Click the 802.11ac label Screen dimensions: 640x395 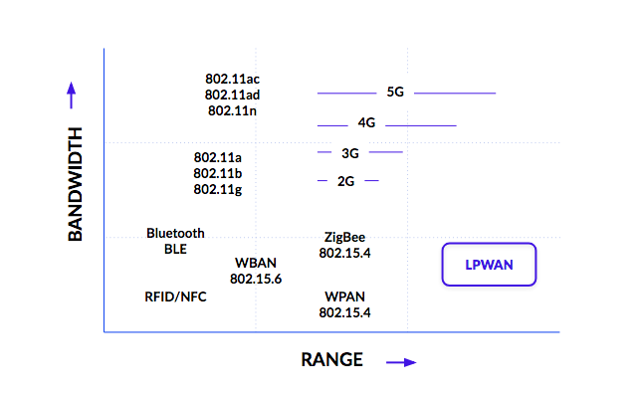(232, 79)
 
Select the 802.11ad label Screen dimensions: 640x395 (232, 95)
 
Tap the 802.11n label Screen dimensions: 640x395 (232, 110)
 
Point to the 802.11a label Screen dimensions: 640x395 (218, 157)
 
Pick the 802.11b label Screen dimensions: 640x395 (218, 173)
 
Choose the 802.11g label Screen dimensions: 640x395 (218, 189)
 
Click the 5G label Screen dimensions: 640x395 (395, 93)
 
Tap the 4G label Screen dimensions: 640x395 (366, 124)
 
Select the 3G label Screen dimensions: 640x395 (349, 152)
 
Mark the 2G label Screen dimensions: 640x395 (346, 181)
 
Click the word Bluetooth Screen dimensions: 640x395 (175, 233)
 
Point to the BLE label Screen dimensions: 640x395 (175, 249)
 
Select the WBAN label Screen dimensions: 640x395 (256, 263)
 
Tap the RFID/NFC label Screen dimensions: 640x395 (176, 296)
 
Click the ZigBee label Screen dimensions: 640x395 (344, 237)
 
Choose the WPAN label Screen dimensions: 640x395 (344, 296)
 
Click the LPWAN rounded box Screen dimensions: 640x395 (488, 265)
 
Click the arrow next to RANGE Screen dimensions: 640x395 (401, 362)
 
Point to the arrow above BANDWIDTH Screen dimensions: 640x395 (72, 96)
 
